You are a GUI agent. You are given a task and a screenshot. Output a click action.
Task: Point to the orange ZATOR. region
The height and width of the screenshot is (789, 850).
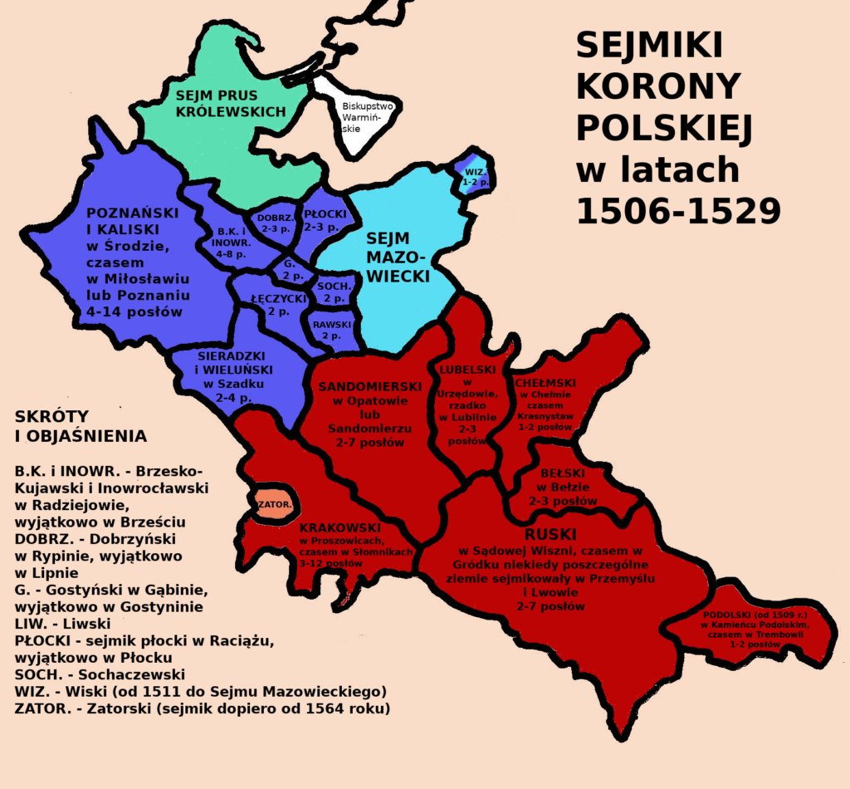(x=271, y=504)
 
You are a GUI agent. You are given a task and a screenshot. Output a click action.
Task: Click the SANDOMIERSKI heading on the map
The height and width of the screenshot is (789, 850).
(x=369, y=387)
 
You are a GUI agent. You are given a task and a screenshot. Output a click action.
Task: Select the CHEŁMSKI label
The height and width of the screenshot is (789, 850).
(x=545, y=383)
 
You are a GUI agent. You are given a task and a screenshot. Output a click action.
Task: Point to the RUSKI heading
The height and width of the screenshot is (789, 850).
(x=550, y=533)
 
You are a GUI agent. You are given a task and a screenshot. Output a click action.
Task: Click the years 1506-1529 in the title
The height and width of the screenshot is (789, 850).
(x=678, y=211)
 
